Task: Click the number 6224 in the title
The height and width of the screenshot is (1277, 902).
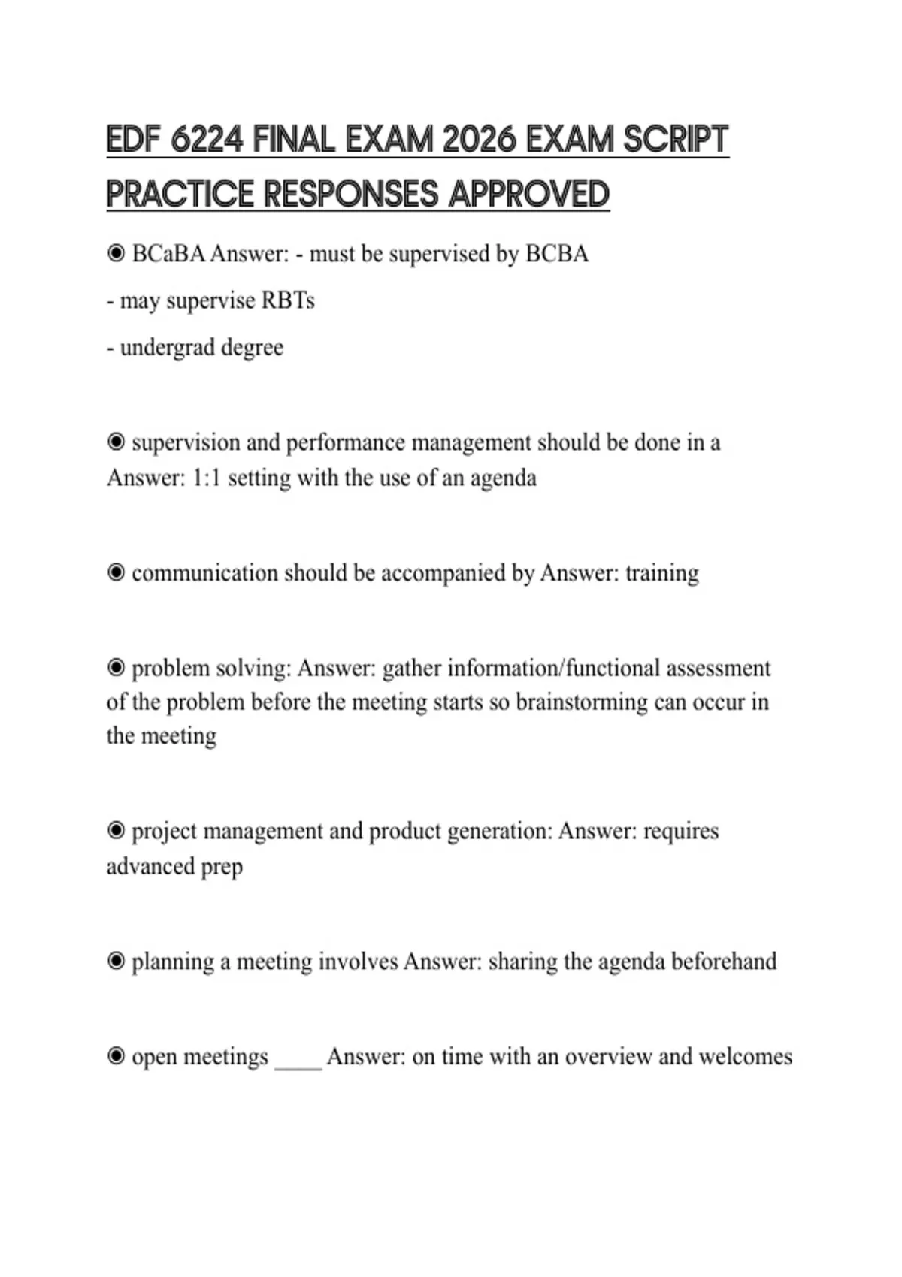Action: click(x=207, y=140)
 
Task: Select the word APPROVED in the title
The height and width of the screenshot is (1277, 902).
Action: click(x=528, y=194)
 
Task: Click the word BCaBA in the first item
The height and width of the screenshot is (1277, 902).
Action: click(x=168, y=254)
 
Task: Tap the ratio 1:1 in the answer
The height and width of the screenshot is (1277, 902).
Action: click(x=207, y=478)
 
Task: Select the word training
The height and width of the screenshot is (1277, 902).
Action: click(x=661, y=573)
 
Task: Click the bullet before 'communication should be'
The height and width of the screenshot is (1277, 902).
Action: click(x=116, y=573)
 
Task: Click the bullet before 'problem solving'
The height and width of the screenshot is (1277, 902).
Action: click(x=116, y=668)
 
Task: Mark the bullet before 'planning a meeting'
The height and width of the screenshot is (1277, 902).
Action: click(x=116, y=962)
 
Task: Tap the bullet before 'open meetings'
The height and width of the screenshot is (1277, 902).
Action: click(x=116, y=1057)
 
